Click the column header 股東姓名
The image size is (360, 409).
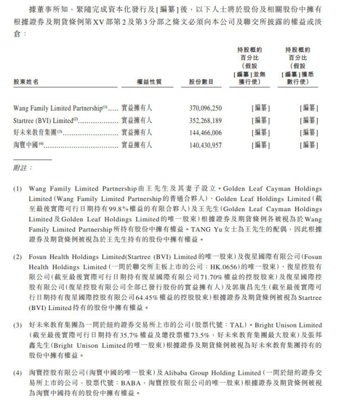tap(26, 82)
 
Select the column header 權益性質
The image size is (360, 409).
tap(149, 82)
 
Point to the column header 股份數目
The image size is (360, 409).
tap(202, 82)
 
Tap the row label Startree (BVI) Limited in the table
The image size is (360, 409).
tap(43, 120)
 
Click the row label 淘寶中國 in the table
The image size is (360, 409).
tap(26, 145)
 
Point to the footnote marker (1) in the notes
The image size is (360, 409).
tap(17, 189)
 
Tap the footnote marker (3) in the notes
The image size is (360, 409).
tap(17, 325)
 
